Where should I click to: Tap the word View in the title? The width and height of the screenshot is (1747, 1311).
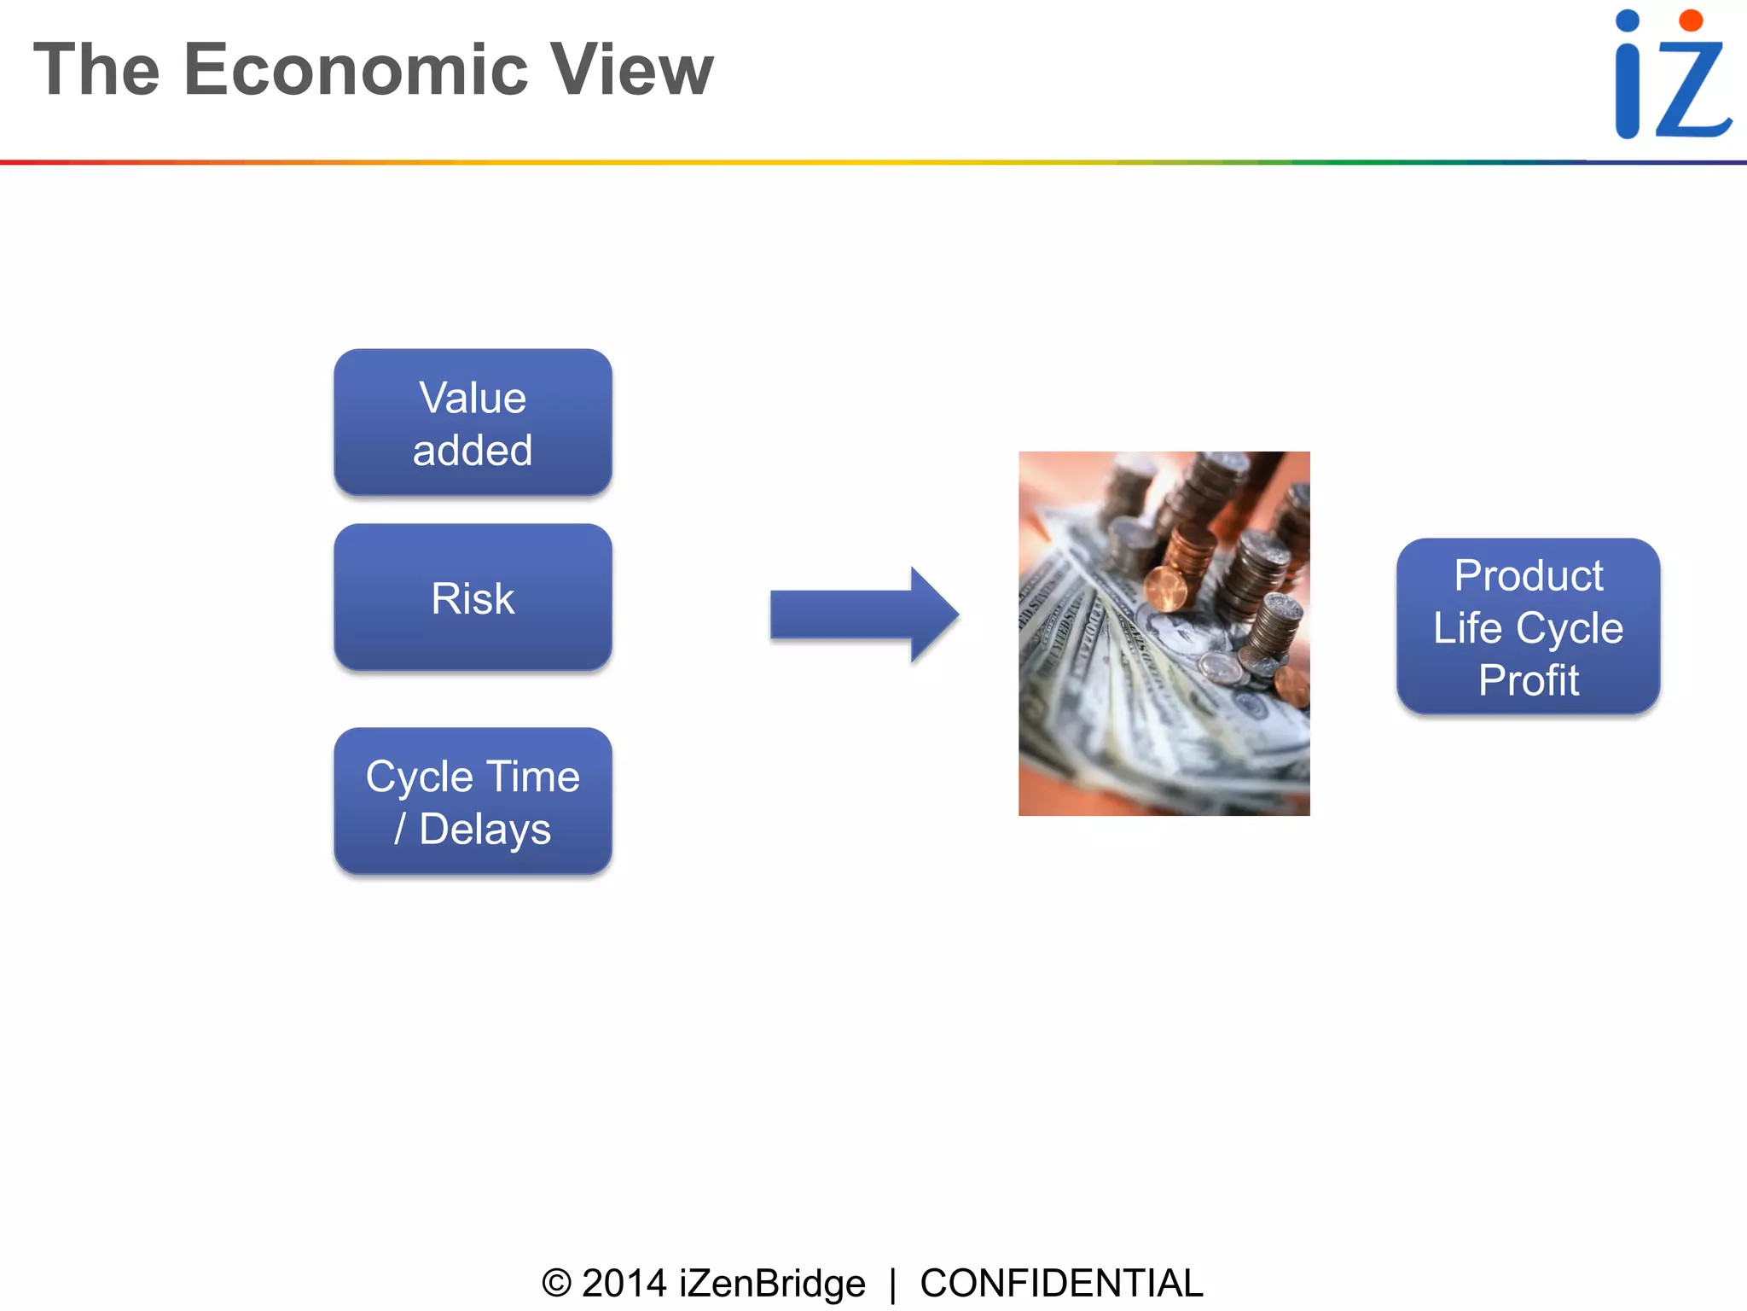coord(630,70)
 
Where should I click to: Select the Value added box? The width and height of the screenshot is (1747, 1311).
coord(473,422)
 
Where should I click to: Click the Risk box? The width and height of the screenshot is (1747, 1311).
coord(473,597)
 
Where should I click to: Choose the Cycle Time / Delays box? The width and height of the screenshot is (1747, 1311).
coord(473,801)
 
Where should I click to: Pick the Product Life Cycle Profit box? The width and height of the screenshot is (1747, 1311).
coord(1528,627)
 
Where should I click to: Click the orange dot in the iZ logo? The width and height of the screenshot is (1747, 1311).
coord(1690,21)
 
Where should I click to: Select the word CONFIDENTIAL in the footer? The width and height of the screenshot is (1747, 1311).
coord(1060,1284)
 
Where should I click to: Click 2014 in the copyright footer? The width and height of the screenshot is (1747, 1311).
coord(624,1284)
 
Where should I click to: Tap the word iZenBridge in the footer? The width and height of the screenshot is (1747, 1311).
coord(772,1284)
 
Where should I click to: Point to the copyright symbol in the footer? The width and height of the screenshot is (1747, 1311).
coord(556,1284)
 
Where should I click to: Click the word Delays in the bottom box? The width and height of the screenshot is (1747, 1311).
coord(485,830)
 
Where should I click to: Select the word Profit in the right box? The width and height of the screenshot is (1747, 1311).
coord(1528,681)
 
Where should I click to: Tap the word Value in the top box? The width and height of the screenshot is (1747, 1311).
coord(473,398)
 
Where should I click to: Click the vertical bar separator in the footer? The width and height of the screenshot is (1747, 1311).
coord(892,1285)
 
